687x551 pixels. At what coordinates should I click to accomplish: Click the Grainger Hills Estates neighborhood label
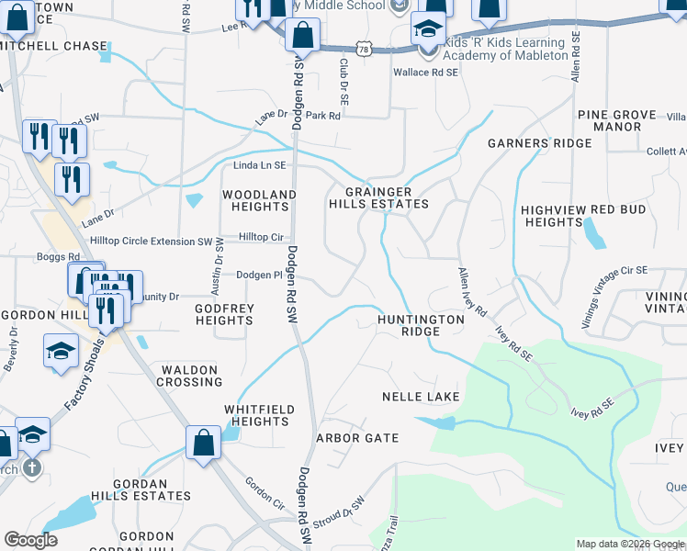379,197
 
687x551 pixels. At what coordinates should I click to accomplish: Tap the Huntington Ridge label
421,326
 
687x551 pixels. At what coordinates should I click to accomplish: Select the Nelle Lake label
420,397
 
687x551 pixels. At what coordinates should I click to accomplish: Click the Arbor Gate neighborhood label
357,438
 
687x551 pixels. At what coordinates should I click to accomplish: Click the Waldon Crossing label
190,376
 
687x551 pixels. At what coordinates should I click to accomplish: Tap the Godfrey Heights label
224,315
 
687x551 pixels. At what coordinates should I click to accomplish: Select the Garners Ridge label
539,144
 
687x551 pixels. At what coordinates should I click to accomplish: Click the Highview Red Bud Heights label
583,216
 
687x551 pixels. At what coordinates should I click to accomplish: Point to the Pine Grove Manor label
616,121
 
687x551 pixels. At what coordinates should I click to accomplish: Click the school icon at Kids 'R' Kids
426,31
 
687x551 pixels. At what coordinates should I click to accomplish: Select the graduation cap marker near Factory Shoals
61,352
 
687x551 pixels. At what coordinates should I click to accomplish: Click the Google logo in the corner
30,540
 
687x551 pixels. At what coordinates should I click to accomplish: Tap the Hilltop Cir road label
261,237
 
